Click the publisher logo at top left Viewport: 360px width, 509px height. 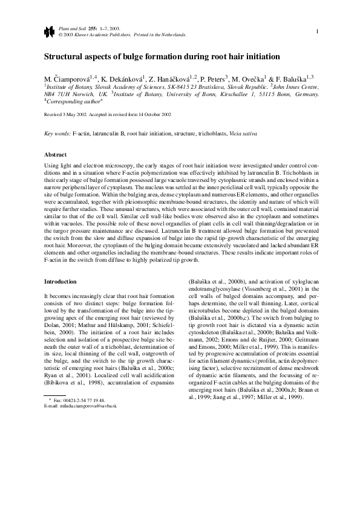48,31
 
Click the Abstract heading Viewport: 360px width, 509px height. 57,154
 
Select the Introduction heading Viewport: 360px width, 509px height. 61,281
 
